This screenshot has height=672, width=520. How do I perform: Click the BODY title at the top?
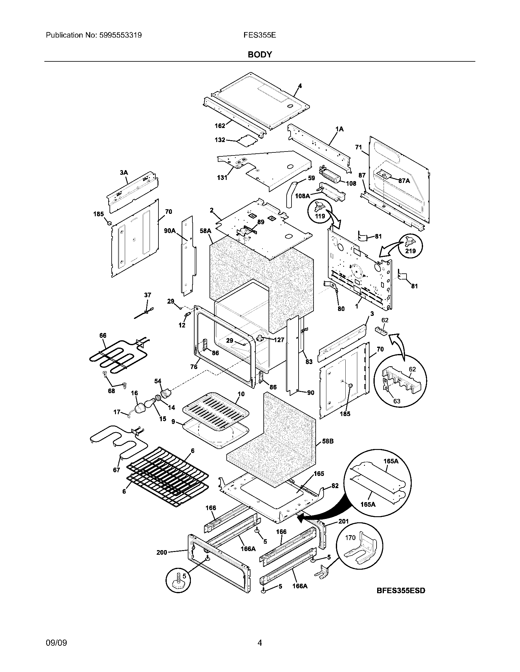260,54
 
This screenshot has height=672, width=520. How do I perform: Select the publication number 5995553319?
120,35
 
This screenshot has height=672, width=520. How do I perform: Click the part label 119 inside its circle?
320,216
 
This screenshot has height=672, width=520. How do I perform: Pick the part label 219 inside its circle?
410,251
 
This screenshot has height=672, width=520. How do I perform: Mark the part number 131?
222,177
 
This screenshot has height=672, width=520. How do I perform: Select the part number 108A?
302,196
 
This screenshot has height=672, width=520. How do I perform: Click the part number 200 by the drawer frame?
162,552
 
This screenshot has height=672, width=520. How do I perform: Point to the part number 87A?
404,181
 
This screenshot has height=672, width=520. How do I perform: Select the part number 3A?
124,173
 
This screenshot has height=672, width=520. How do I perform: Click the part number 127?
279,340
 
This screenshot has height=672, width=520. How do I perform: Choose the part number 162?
220,126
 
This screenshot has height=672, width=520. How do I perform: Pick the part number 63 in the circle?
396,401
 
